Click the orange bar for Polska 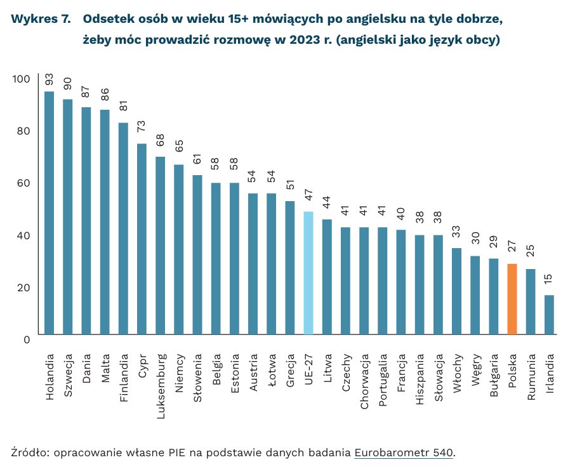point(512,299)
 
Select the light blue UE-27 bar point(308,273)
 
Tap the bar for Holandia point(49,213)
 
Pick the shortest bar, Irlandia point(549,315)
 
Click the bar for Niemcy point(179,249)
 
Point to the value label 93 point(49,80)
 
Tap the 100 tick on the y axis point(21,79)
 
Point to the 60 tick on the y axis point(23,183)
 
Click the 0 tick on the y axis point(27,339)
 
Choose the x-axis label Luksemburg point(161,377)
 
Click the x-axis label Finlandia point(124,374)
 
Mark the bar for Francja point(401,282)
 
